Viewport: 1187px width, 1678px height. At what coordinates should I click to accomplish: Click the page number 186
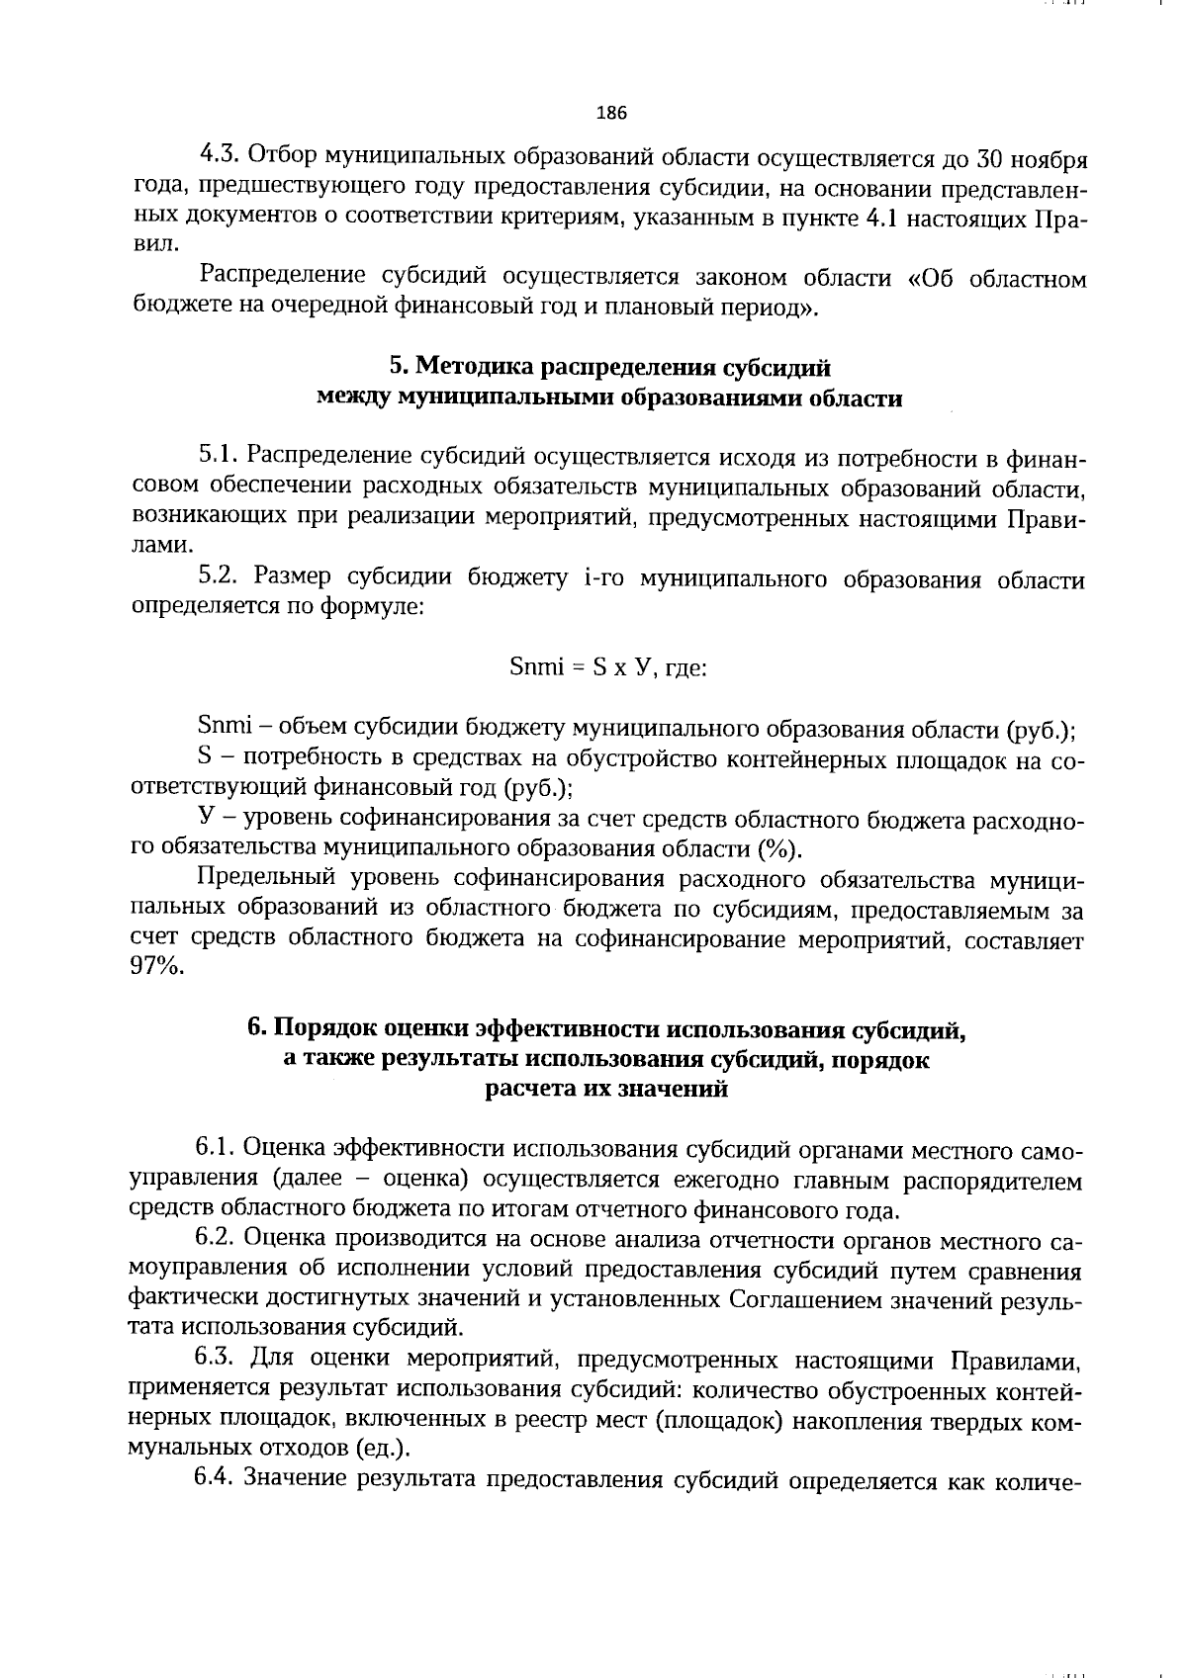pyautogui.click(x=611, y=113)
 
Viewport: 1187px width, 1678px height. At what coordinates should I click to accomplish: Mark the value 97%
pyautogui.click(x=156, y=969)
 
